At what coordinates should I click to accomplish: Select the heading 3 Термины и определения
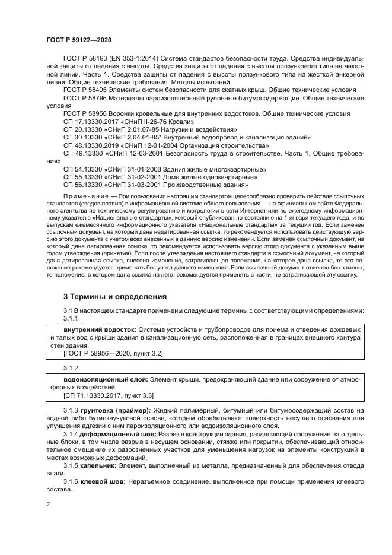point(115,296)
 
